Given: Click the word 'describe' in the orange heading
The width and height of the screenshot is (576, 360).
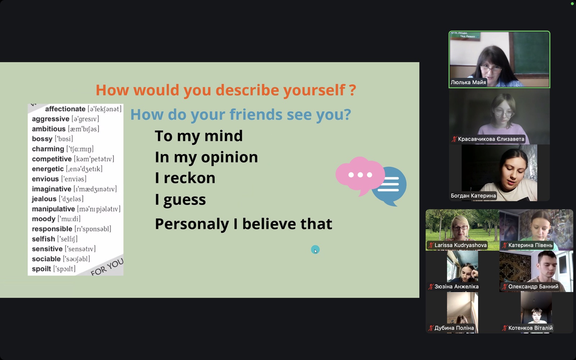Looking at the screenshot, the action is coord(247,90).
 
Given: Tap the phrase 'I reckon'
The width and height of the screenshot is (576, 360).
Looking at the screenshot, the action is coord(185,178).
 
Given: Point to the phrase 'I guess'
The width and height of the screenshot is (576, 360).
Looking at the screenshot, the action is coord(180,200).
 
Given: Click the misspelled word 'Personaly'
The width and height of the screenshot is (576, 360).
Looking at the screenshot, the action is coord(192,224).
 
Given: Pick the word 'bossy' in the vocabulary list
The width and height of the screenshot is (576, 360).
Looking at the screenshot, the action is coord(42,139).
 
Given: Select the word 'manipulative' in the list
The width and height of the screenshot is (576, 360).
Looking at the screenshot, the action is coord(54,209).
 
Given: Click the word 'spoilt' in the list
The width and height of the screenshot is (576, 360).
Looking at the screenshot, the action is coord(41,269).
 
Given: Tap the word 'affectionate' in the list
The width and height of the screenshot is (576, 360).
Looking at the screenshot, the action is coord(65,109).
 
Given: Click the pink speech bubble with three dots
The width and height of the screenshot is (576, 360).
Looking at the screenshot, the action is coord(360,175).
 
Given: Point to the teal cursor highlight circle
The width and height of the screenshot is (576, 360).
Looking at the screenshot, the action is coord(315,250).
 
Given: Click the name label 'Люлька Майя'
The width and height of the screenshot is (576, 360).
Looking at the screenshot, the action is coord(468,82).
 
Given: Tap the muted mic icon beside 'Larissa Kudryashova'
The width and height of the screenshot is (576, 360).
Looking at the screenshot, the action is coord(431,245).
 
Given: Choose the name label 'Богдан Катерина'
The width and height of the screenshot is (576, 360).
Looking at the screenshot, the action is coord(473,196).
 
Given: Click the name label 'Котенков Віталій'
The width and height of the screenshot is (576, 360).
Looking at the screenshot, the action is coord(530,328).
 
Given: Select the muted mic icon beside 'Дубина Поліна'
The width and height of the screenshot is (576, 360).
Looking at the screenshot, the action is coord(431,328).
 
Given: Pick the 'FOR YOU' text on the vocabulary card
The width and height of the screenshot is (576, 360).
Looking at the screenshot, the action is coord(107,267).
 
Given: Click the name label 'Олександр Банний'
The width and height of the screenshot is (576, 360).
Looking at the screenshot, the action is coord(533,287).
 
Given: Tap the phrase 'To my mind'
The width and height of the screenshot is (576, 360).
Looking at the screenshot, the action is coord(198,136).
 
